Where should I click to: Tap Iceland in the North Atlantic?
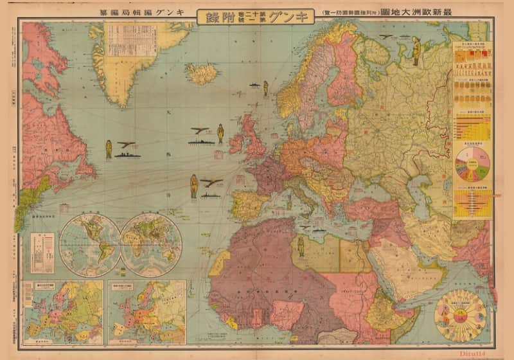[x=201, y=73]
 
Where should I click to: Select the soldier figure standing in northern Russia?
[x=416, y=53]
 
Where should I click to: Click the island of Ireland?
[x=236, y=143]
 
